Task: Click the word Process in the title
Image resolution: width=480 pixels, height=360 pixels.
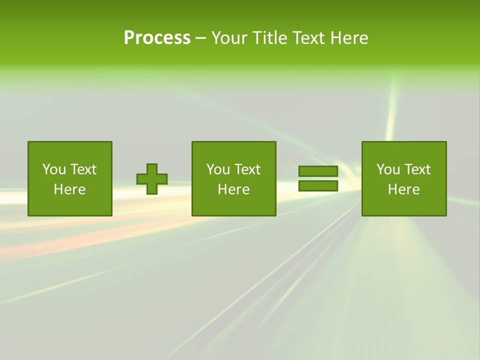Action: click(157, 38)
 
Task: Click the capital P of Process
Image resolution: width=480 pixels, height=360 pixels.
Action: click(129, 38)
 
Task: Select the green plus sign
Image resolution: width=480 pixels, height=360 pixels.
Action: click(152, 179)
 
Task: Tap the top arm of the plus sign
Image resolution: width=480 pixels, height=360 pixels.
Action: click(152, 169)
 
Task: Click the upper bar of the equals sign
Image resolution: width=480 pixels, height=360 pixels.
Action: click(318, 171)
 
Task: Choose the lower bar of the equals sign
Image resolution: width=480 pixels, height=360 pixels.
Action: click(318, 186)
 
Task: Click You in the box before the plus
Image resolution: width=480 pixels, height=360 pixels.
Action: click(54, 169)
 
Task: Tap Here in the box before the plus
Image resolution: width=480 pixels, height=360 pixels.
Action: click(69, 189)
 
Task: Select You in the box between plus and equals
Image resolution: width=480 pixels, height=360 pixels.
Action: click(218, 169)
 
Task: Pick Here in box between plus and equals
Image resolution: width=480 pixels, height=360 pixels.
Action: click(233, 189)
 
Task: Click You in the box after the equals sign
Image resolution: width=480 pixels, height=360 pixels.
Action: click(388, 169)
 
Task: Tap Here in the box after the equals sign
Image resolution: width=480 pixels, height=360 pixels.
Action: click(403, 189)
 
